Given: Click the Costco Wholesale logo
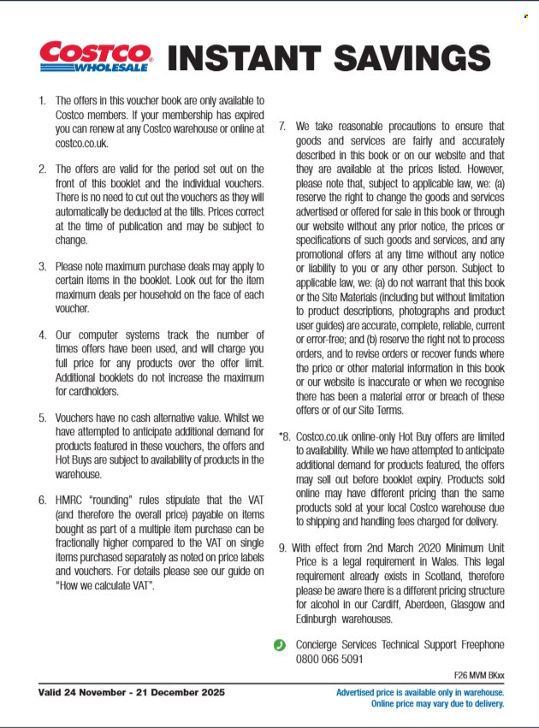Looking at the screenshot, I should [x=96, y=56].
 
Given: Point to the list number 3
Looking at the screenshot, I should [x=42, y=267].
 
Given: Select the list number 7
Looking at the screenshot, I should [x=282, y=126].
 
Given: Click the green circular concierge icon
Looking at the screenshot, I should [x=279, y=645].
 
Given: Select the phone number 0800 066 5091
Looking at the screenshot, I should [x=329, y=659].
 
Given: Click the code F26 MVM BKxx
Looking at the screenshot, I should [x=477, y=675].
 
